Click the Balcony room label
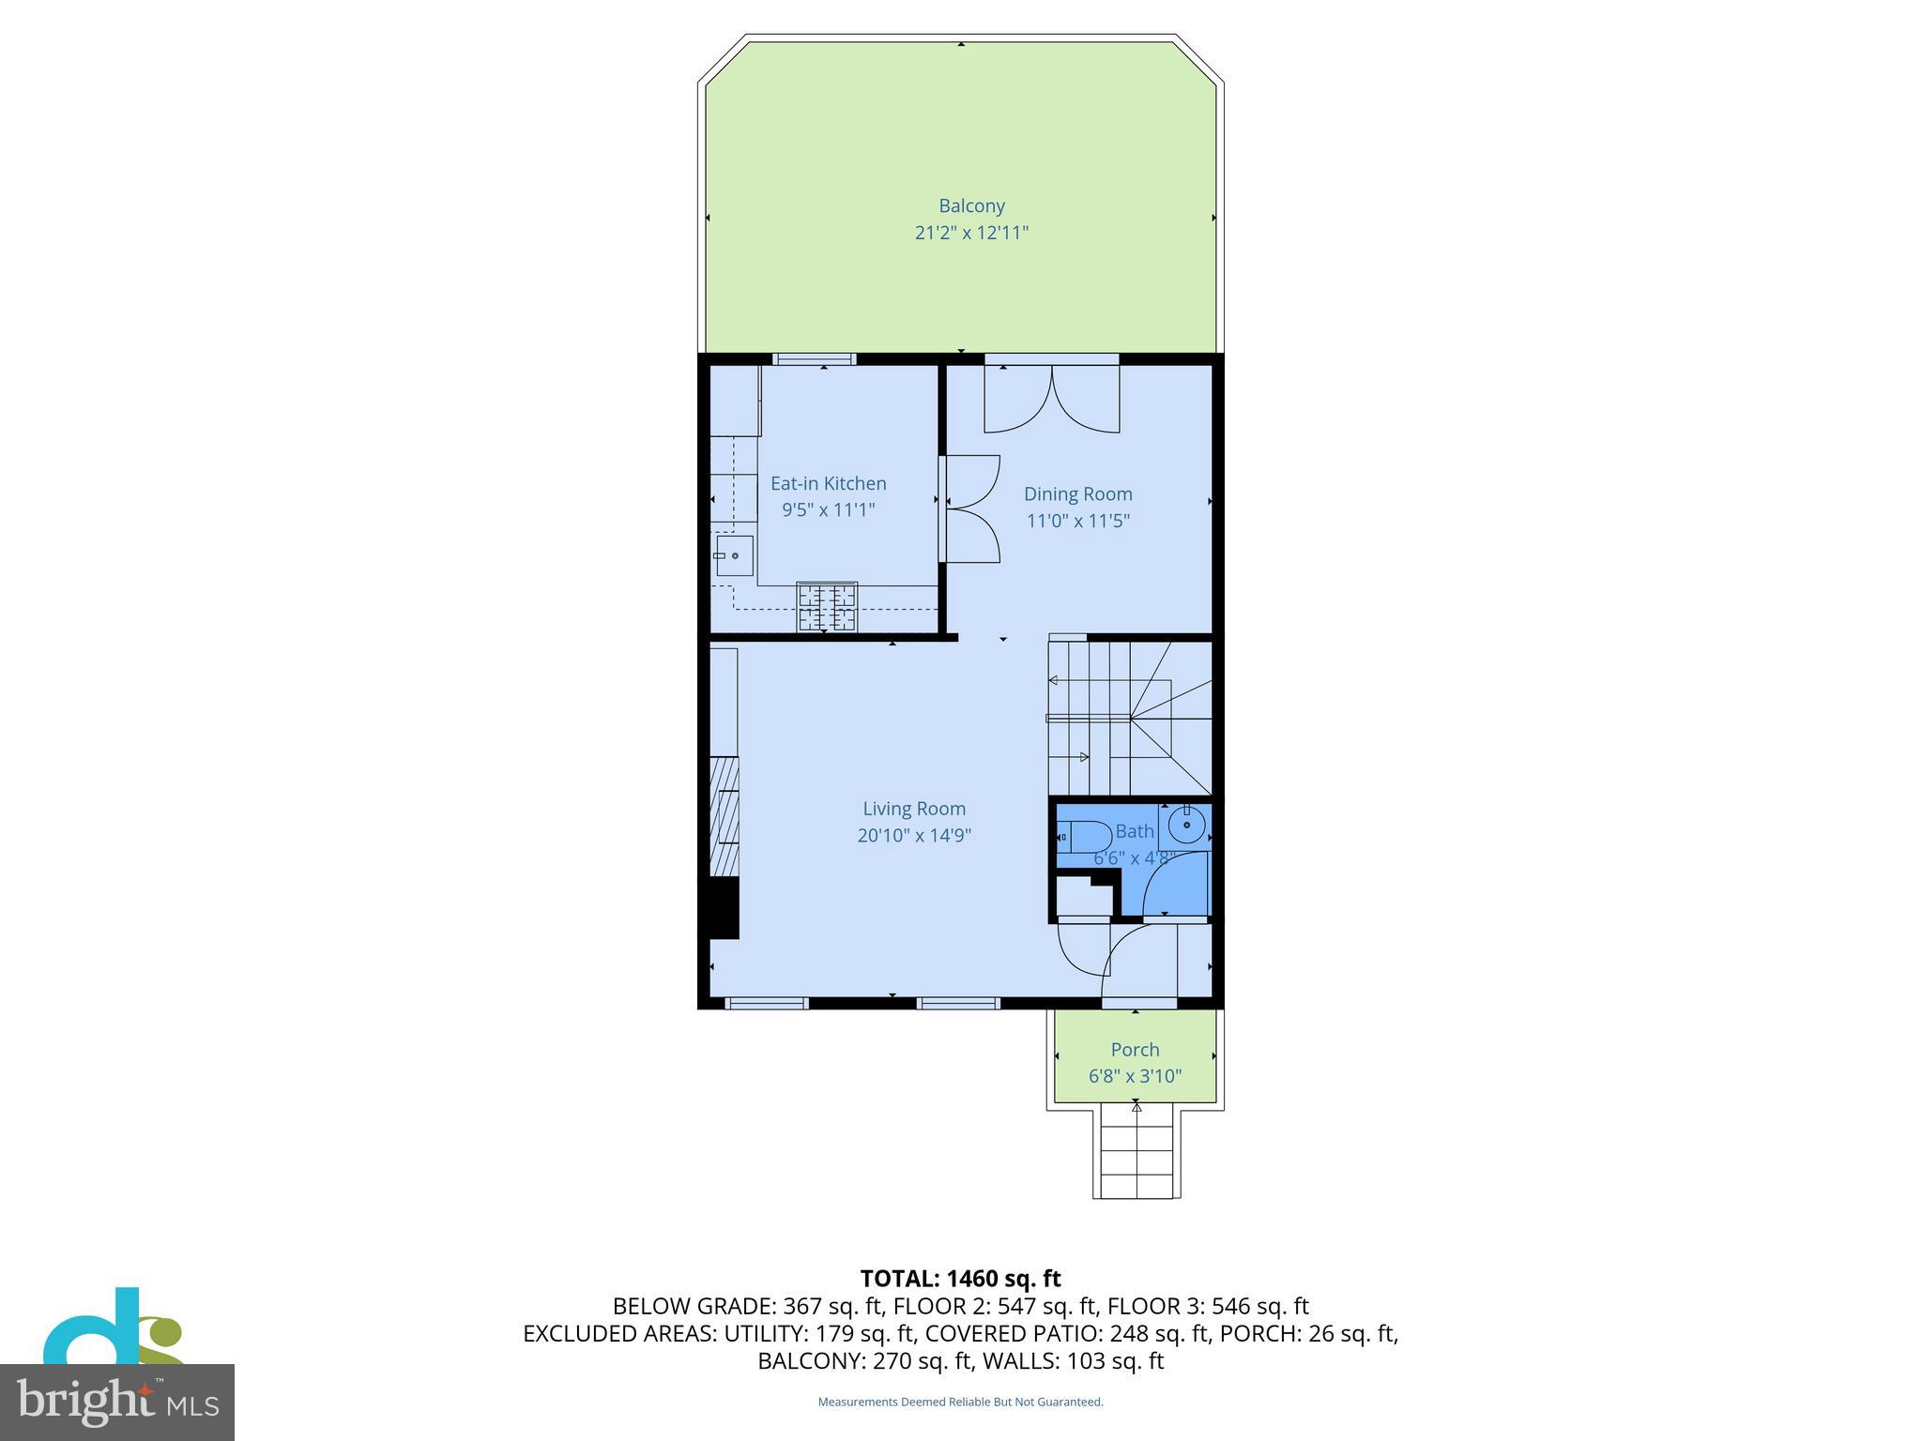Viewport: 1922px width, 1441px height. click(x=971, y=205)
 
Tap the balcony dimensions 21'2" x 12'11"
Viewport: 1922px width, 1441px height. click(x=971, y=233)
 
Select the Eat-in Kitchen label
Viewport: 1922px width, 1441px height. click(x=828, y=483)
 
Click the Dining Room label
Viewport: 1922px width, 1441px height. click(x=1077, y=493)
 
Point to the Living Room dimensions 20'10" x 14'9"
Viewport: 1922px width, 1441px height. click(x=913, y=835)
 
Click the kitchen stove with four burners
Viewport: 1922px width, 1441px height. click(x=827, y=606)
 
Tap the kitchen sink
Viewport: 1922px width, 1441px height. click(x=734, y=555)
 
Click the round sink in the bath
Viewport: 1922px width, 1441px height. click(x=1187, y=826)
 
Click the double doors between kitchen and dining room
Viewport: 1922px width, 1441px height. click(x=970, y=508)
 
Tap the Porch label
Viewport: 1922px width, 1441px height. click(x=1135, y=1050)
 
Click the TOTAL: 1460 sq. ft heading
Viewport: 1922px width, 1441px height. click(x=960, y=1279)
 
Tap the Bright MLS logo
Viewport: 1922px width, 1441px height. click(x=117, y=1402)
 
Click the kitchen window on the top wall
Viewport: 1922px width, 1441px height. click(x=814, y=359)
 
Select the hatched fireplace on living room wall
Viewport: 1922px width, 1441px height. click(x=724, y=815)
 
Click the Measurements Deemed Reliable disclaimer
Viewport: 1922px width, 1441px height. click(x=960, y=1403)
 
